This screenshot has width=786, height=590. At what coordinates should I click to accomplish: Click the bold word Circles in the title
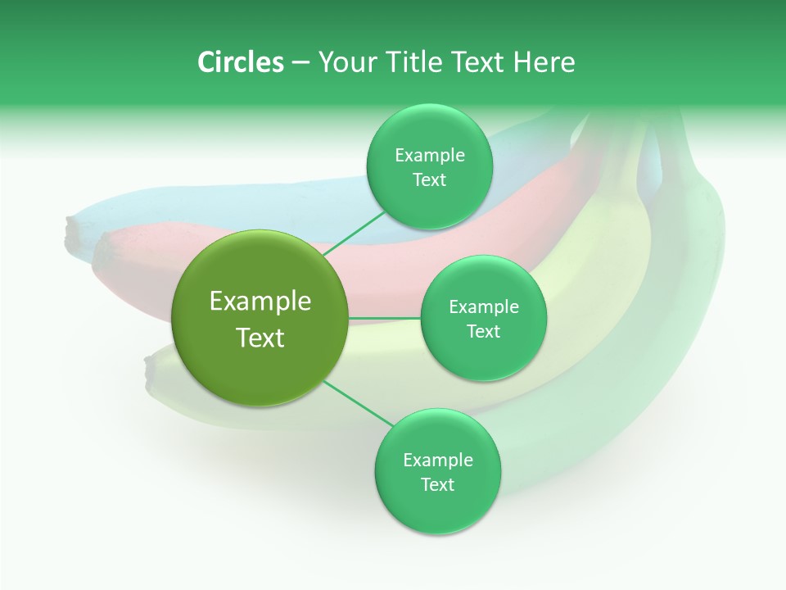(240, 62)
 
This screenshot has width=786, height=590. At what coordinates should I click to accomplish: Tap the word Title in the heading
(414, 62)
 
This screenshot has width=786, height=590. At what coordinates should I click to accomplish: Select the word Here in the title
(544, 62)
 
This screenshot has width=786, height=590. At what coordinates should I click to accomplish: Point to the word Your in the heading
(348, 62)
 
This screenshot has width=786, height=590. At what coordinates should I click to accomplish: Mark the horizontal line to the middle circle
(385, 318)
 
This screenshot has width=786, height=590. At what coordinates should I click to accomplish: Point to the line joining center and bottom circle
(359, 403)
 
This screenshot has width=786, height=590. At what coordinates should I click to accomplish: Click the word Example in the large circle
(260, 302)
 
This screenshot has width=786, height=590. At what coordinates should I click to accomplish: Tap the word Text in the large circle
(260, 338)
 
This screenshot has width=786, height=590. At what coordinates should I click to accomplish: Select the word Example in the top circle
(429, 156)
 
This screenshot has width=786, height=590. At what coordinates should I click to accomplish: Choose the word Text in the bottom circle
(437, 484)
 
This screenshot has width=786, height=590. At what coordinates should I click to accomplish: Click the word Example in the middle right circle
(483, 307)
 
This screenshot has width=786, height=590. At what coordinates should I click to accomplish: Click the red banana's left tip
(100, 253)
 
